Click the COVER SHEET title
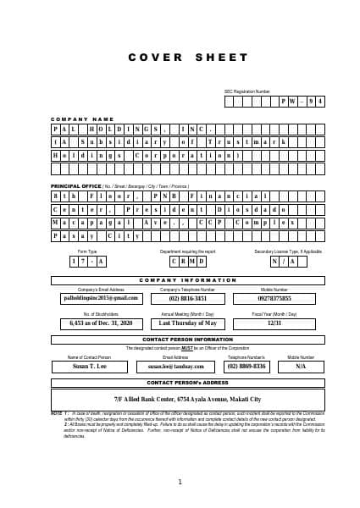coord(180,58)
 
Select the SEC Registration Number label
coord(247,91)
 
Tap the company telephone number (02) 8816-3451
coord(188,298)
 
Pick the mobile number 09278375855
coord(274,298)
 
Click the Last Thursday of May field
coord(188,323)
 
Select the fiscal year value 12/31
coord(274,323)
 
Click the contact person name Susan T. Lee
coord(89,367)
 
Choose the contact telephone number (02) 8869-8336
coord(246,367)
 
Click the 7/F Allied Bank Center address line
coord(187,399)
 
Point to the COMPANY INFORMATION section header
coord(187,280)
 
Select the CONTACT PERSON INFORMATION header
coord(187,340)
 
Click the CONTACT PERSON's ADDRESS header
coord(187,383)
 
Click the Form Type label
coord(87,251)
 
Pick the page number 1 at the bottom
coord(180,482)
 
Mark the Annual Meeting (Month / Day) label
coord(187,313)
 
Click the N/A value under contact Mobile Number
coord(301,367)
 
